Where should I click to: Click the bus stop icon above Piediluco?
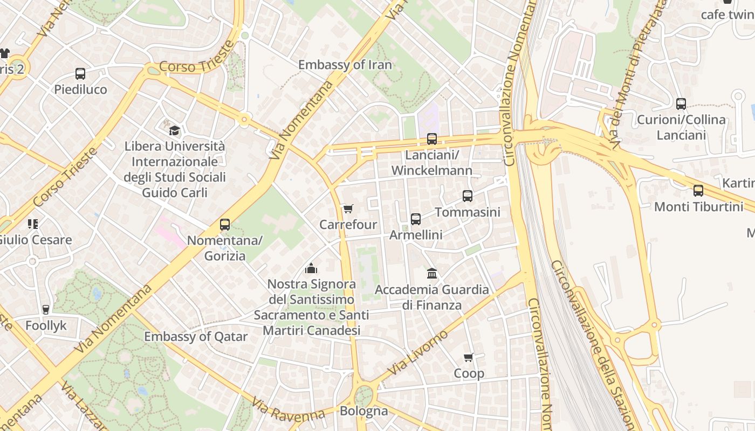[80, 74]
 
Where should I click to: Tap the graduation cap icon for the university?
[174, 130]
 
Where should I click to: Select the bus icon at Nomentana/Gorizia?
[225, 225]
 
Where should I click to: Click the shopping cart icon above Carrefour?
[348, 208]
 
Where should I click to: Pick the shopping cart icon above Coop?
[469, 357]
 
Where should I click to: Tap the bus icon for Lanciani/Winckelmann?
[432, 139]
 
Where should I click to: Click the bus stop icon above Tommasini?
[468, 196]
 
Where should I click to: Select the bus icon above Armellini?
[416, 219]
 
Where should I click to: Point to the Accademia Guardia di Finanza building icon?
[432, 274]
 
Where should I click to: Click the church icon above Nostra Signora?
[311, 268]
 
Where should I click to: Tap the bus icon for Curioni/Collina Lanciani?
[681, 104]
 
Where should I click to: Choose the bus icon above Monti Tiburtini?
[698, 190]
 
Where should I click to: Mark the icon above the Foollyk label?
[46, 309]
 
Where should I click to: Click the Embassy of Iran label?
[345, 65]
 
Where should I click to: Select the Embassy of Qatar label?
[196, 337]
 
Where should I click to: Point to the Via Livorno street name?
[418, 352]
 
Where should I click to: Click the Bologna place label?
[363, 411]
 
